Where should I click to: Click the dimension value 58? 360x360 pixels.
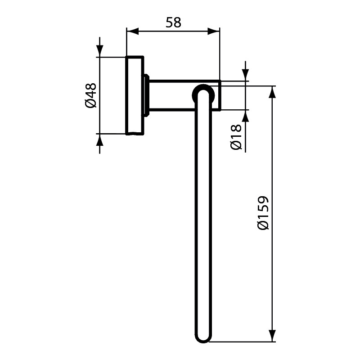point(173,22)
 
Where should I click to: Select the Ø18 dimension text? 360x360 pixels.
point(236,137)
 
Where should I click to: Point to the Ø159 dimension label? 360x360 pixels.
point(263,213)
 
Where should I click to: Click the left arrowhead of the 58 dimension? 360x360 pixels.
point(133,31)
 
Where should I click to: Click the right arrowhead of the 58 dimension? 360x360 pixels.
point(213,31)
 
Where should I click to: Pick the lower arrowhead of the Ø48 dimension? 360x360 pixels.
point(99,139)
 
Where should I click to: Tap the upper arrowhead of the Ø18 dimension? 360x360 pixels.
point(245,75)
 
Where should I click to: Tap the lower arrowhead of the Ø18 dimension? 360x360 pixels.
point(245,116)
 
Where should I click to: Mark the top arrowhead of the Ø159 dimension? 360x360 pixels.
point(272,92)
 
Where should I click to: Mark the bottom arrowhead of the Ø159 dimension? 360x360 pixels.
point(272,336)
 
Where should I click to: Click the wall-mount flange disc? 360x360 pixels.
point(135,95)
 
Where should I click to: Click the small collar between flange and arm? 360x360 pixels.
point(147,95)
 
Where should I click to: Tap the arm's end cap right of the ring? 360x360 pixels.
point(216,95)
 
